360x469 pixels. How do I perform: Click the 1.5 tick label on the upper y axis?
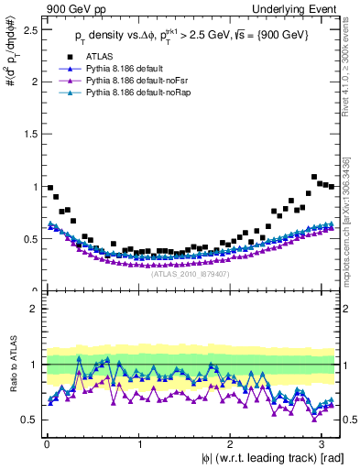(x=27, y=134)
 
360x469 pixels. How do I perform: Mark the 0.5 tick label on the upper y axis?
(x=27, y=239)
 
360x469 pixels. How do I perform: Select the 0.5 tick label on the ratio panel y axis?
(x=27, y=420)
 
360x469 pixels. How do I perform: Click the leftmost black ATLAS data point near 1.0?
(x=49, y=188)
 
